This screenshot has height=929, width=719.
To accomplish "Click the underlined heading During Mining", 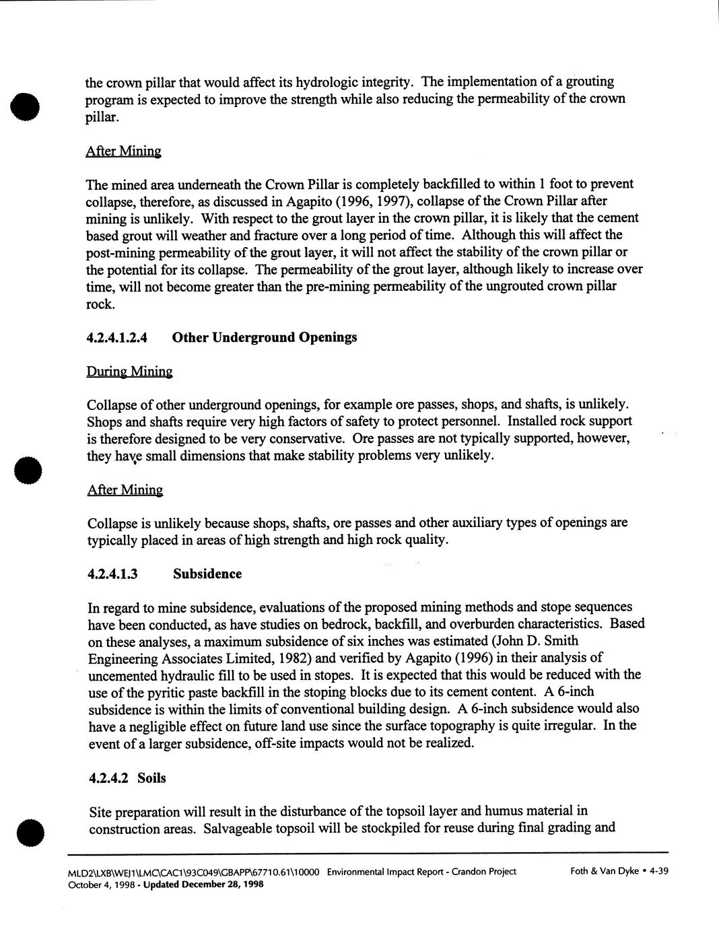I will [x=129, y=372].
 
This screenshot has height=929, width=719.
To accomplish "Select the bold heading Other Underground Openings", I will [x=265, y=337].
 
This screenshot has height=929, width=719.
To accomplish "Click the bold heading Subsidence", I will [x=207, y=574].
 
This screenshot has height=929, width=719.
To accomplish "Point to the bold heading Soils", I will [x=151, y=778].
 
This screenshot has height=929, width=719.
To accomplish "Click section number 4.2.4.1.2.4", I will [x=117, y=337].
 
